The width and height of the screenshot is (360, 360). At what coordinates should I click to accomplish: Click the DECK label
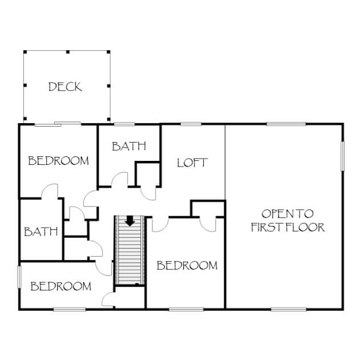[65, 87]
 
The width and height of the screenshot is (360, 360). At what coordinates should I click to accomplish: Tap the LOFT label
[192, 163]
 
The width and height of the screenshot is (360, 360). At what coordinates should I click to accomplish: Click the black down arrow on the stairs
[130, 221]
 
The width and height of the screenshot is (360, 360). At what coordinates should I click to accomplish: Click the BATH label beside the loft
[129, 146]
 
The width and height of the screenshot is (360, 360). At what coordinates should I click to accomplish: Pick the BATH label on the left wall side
[41, 232]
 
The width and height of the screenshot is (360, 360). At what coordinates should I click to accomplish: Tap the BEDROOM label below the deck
[58, 161]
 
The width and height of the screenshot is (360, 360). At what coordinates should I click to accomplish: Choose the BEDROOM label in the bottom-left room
[61, 286]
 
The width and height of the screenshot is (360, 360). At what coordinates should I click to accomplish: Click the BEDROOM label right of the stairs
[187, 265]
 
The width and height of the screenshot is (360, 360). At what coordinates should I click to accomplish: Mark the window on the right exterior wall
[342, 156]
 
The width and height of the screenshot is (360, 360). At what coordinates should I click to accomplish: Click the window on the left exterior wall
[19, 277]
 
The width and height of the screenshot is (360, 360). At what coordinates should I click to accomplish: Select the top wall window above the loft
[191, 124]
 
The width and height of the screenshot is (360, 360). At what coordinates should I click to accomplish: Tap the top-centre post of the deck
[68, 52]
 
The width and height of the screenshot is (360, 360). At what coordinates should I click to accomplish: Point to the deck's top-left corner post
[25, 52]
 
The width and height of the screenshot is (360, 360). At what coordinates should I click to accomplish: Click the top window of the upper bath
[124, 124]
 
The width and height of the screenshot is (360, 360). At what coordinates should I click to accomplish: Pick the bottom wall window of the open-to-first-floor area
[289, 309]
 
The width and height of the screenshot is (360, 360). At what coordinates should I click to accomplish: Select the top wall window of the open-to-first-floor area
[286, 124]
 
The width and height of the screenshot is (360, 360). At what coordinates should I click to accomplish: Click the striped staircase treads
[130, 250]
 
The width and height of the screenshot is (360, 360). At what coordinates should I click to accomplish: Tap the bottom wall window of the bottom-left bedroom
[70, 309]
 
